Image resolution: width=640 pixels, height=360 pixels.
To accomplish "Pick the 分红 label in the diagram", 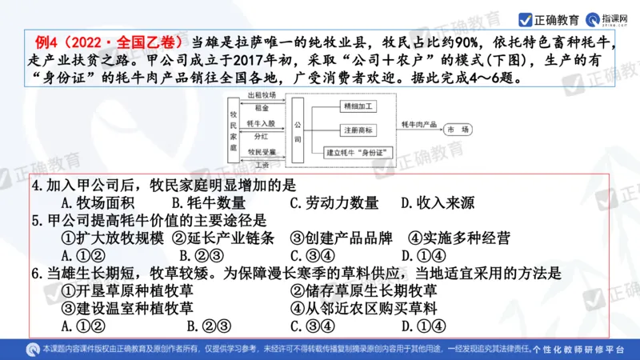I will pyautogui.click(x=262, y=137).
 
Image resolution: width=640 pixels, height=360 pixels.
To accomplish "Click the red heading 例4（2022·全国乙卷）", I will pyautogui.click(x=108, y=41).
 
